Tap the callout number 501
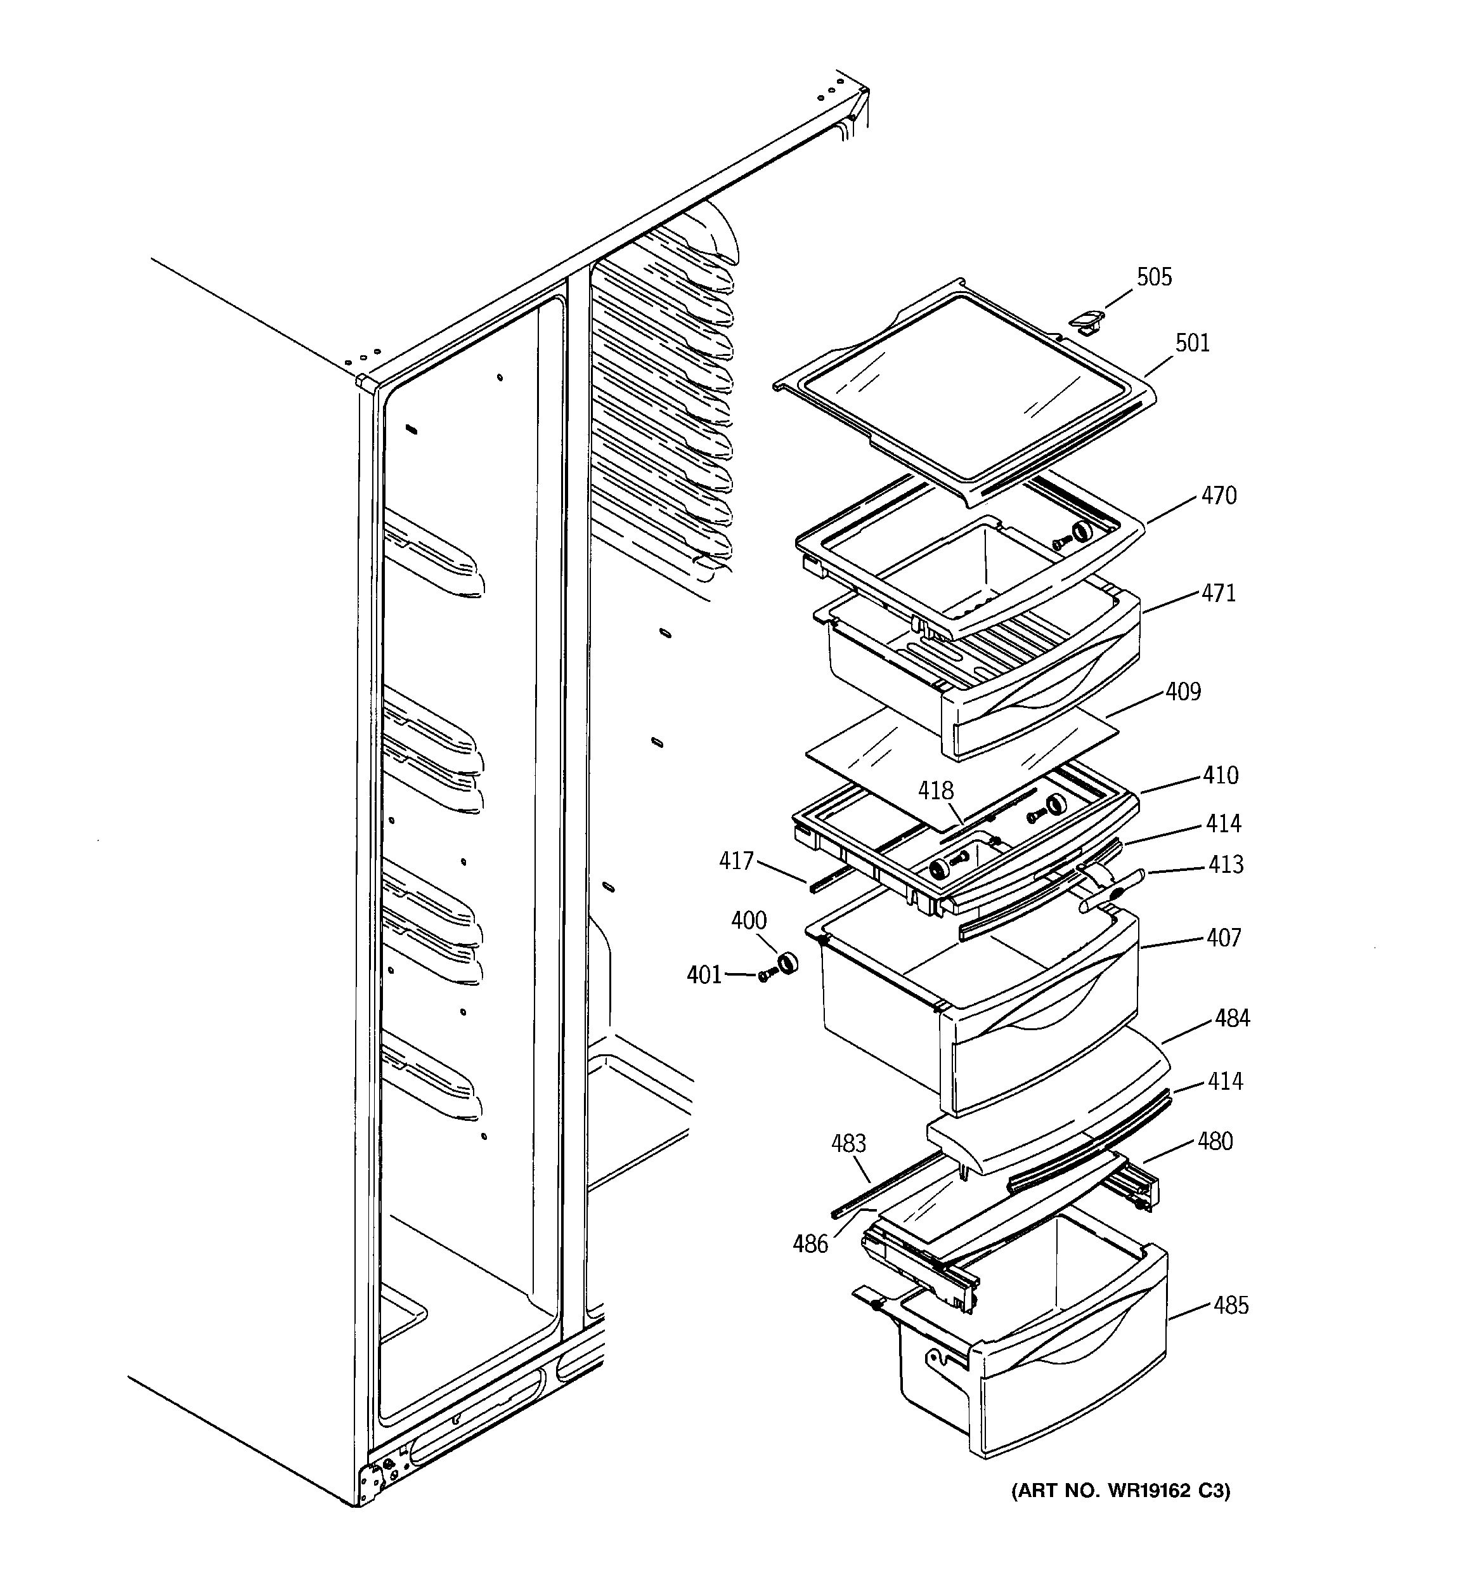[x=1192, y=344]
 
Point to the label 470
[x=1219, y=496]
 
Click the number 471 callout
[x=1219, y=593]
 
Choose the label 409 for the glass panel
[x=1183, y=692]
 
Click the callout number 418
[x=936, y=790]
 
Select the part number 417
[x=736, y=861]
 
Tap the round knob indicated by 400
[x=786, y=964]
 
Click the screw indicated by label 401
[x=764, y=977]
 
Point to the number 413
[x=1226, y=865]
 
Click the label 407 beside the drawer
[x=1224, y=938]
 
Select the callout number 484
[x=1232, y=1019]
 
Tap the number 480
[x=1214, y=1142]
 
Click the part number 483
[x=849, y=1144]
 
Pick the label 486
[x=811, y=1245]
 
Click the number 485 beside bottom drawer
[x=1231, y=1306]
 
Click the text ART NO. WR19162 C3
[x=1120, y=1491]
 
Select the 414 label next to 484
[x=1224, y=1081]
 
